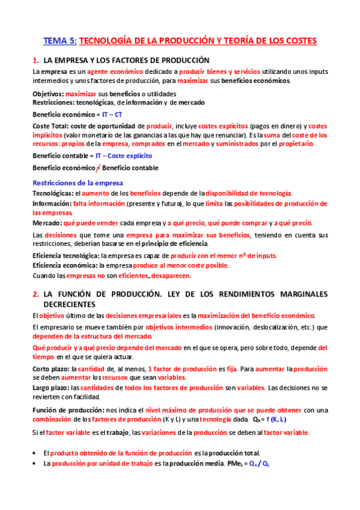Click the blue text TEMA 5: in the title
(60, 40)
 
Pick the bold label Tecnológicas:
(53, 193)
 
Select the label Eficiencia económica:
(65, 265)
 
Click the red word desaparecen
(170, 276)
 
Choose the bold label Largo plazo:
(51, 388)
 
